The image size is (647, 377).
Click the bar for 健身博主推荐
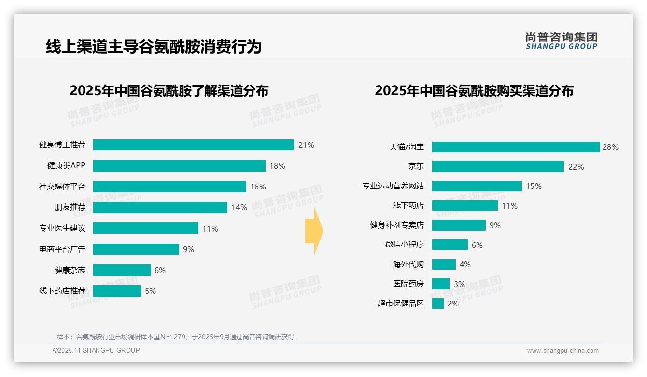193,145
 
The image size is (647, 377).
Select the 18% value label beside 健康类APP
277,166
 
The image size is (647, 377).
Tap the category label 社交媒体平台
62,187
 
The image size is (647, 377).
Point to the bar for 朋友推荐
160,207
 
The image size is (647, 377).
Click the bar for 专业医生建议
145,228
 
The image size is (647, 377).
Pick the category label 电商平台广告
62,249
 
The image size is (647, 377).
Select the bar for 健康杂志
122,270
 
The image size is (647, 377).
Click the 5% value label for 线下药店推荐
150,291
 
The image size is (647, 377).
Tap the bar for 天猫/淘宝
516,147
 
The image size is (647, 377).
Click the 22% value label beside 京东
576,167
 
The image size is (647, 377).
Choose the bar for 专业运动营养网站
477,186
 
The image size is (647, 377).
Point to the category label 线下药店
408,206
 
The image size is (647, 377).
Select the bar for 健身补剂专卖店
459,225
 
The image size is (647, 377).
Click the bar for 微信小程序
450,245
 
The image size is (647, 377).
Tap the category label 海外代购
408,264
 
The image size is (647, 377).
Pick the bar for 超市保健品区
438,304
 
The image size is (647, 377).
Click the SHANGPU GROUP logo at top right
561,41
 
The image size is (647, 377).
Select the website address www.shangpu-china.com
563,351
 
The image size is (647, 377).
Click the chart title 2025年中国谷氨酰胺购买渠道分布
474,91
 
